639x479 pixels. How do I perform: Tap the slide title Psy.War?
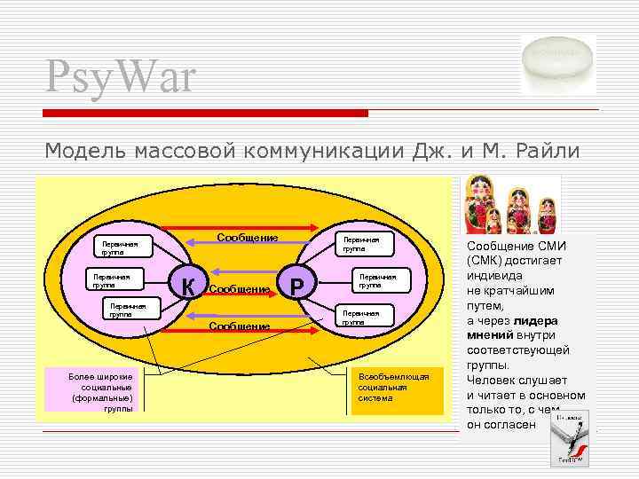point(121,77)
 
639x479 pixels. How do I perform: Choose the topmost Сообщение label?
point(248,238)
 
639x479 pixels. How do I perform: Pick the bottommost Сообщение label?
point(239,326)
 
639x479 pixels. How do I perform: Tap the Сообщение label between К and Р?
point(240,289)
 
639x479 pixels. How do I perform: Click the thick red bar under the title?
point(205,114)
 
